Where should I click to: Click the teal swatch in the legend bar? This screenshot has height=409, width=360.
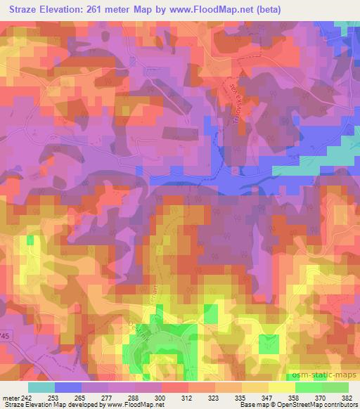[41, 387]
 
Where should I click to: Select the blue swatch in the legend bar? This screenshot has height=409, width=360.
[68, 387]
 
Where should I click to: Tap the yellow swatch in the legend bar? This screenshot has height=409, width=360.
[282, 387]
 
